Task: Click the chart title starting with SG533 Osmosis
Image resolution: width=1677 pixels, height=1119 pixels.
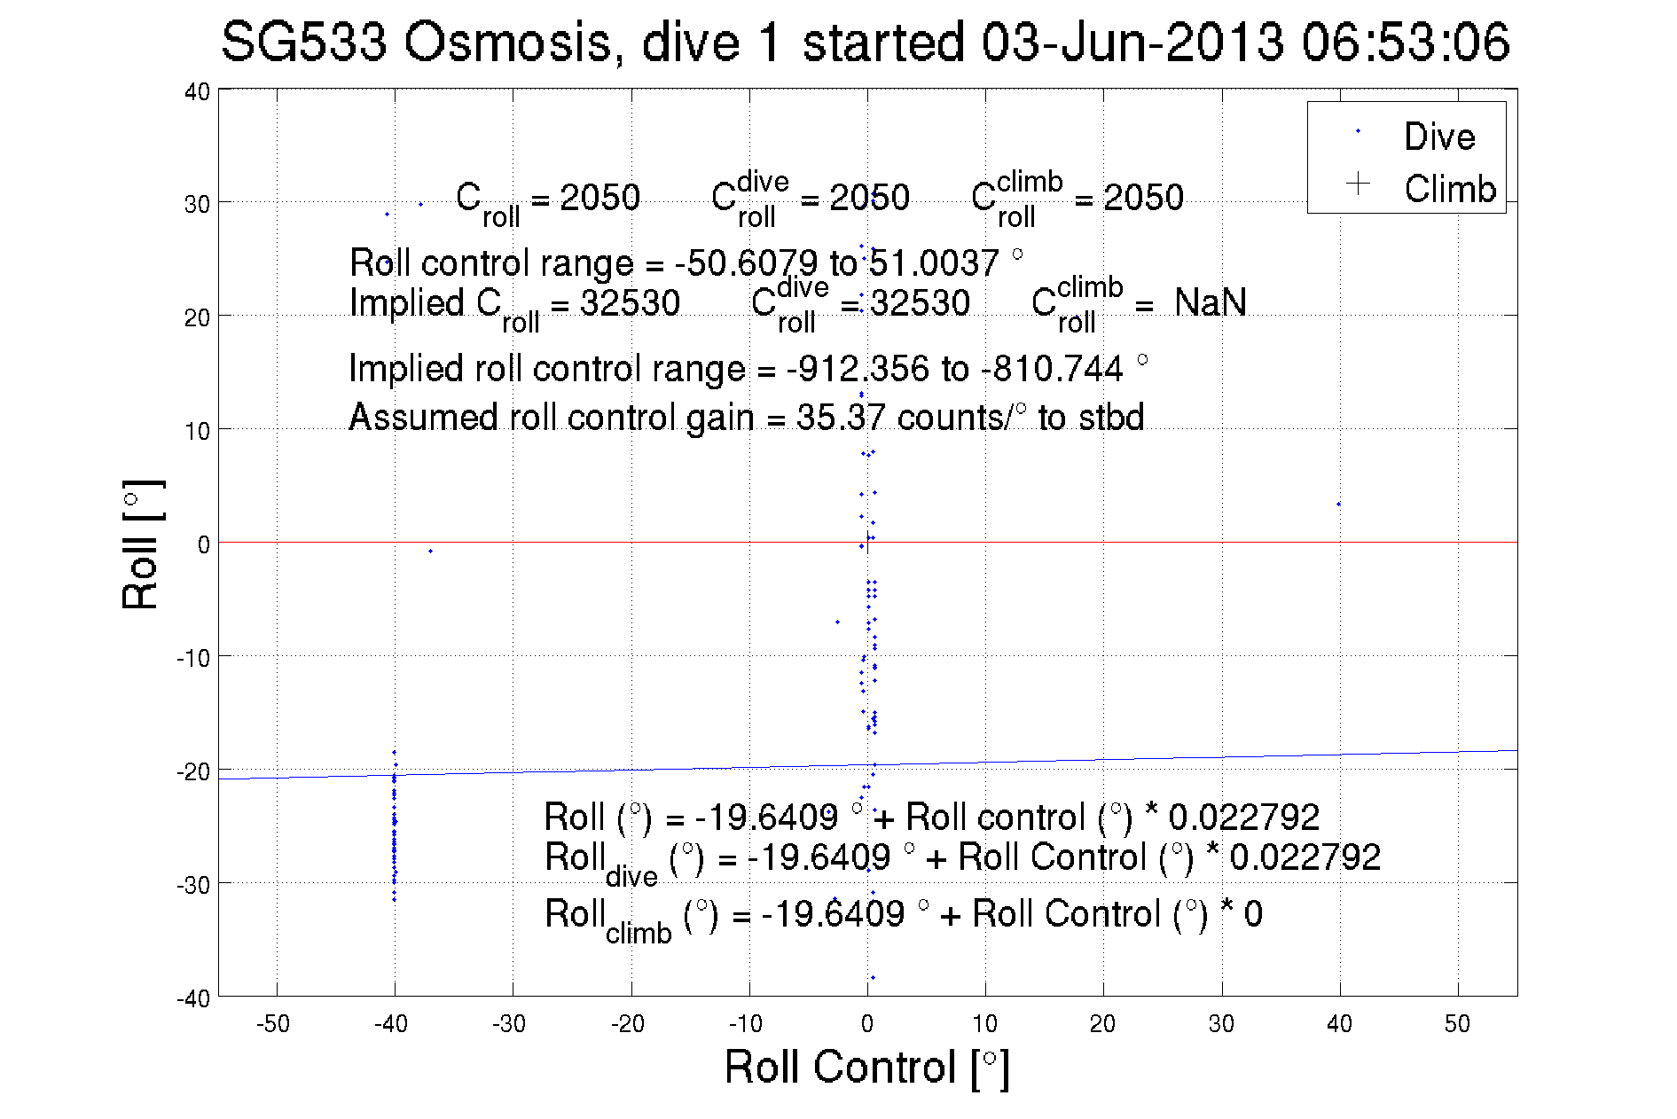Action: coord(865,43)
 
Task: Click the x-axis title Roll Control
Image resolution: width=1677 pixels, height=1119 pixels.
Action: coord(866,1067)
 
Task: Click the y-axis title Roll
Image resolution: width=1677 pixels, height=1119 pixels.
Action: coord(141,544)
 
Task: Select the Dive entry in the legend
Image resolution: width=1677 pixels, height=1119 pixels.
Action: coord(1438,137)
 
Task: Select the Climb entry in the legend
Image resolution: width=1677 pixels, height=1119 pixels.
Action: coord(1449,189)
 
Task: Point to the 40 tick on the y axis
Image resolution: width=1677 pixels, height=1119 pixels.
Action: coord(198,92)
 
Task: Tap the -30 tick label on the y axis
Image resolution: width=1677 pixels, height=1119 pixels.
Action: coord(194,885)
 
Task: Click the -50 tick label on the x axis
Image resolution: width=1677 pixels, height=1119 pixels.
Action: coord(273,1024)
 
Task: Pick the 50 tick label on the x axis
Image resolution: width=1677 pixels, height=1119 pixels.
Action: coord(1457,1024)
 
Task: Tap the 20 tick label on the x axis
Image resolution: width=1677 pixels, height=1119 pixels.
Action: coord(1102,1024)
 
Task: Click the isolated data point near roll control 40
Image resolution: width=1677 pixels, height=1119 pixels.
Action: coord(1338,505)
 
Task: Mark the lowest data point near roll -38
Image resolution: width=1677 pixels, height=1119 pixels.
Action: coord(873,977)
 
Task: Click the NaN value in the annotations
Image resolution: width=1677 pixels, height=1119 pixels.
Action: coord(1210,303)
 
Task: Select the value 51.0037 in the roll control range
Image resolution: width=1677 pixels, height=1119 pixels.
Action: coord(933,263)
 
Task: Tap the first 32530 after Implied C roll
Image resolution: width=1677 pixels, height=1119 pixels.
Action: coord(630,303)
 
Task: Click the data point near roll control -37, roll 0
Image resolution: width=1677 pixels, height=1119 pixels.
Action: coord(431,551)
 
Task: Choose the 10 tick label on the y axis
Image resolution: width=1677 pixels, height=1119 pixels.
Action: coord(198,432)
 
